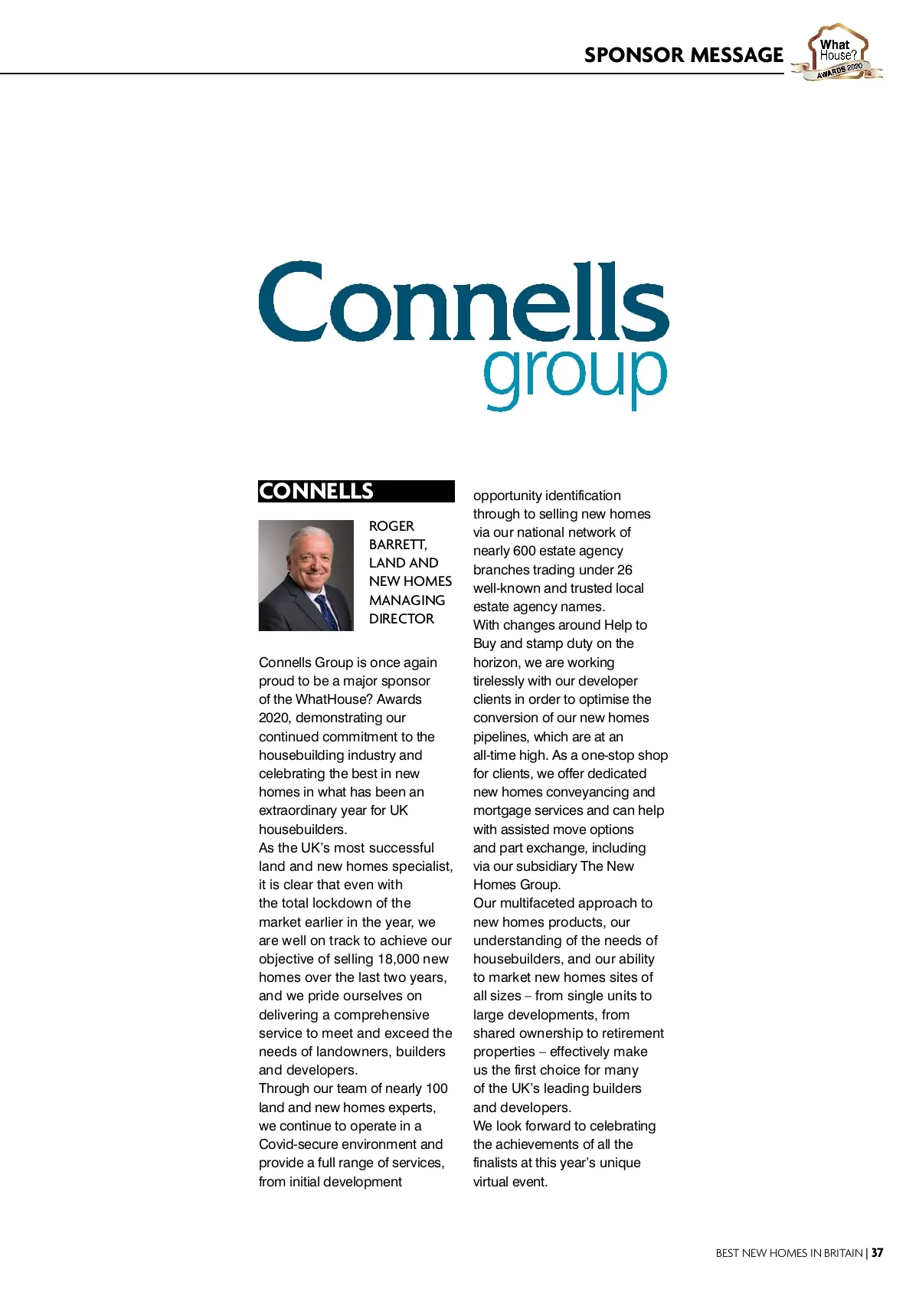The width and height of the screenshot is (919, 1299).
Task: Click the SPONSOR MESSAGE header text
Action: coord(683,55)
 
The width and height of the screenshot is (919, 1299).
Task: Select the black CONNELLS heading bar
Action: coord(356,491)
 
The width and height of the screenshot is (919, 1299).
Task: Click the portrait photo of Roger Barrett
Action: coord(306,575)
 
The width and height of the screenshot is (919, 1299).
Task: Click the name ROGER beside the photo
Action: coord(391,526)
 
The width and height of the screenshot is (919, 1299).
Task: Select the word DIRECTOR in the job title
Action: coord(401,619)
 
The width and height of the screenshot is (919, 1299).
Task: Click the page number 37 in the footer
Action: coord(877,1253)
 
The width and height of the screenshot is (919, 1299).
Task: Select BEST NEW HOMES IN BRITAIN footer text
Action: coord(789,1253)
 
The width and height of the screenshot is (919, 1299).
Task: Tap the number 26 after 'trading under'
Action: coord(624,570)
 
